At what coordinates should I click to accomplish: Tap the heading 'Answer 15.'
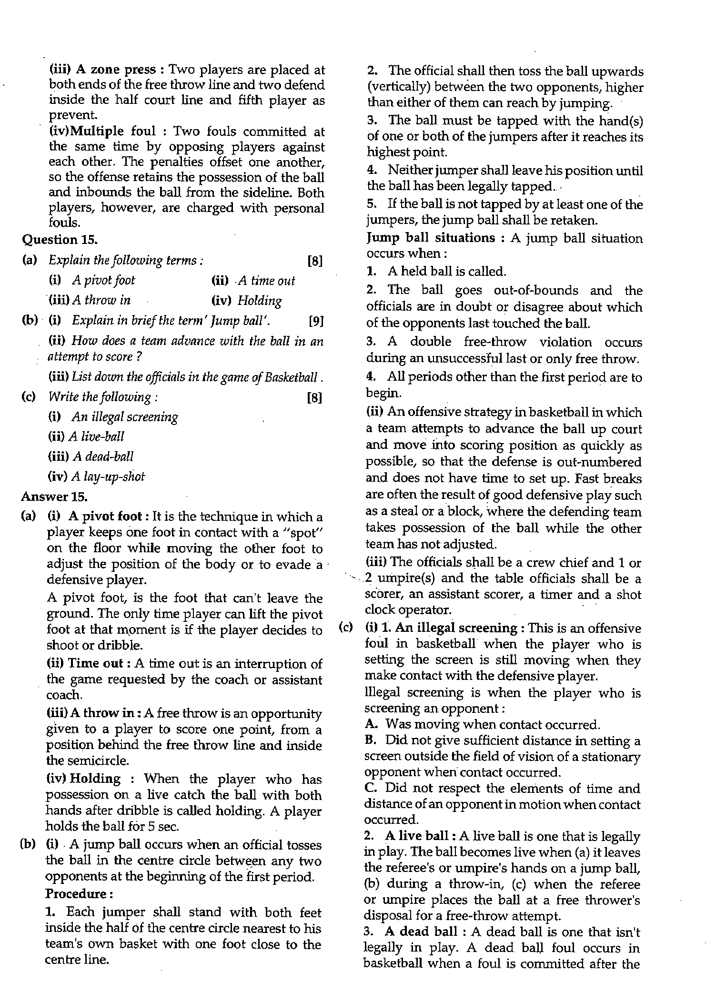[54, 496]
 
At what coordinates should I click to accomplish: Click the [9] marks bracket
[316, 321]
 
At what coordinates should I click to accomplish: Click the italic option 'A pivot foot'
[103, 280]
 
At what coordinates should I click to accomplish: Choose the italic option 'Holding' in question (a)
[259, 301]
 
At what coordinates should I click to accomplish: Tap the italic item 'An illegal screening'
[125, 417]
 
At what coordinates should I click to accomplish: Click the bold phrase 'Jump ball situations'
[431, 238]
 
